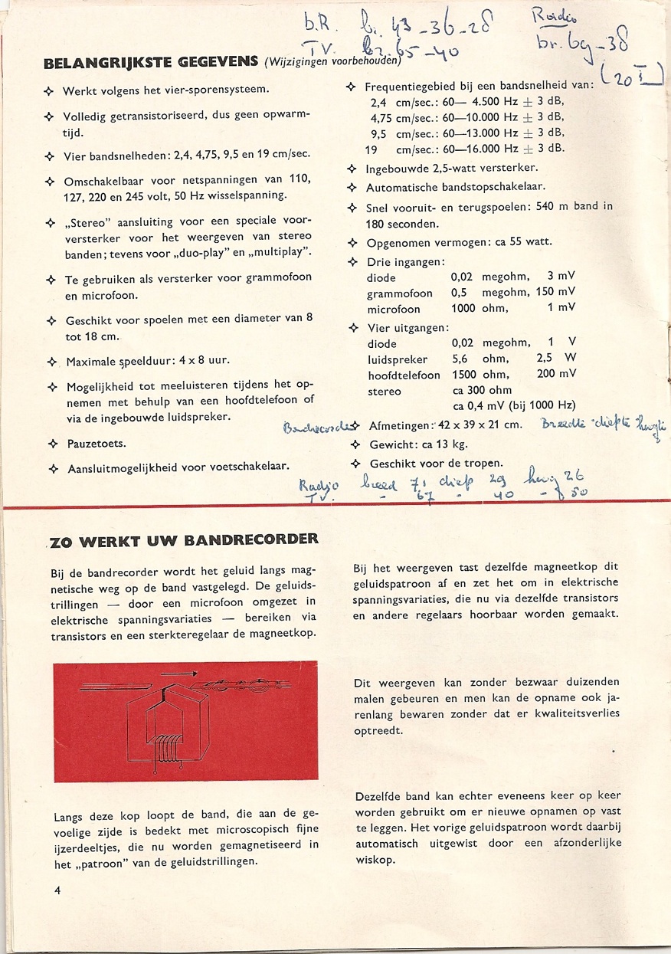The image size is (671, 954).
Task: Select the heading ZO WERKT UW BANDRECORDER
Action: (184, 540)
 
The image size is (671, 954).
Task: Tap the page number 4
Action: (57, 890)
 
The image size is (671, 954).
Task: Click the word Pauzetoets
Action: (96, 444)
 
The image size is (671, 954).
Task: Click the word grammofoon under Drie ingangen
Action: (399, 293)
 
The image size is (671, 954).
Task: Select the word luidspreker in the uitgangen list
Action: (397, 359)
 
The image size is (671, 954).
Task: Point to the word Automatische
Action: (403, 187)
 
